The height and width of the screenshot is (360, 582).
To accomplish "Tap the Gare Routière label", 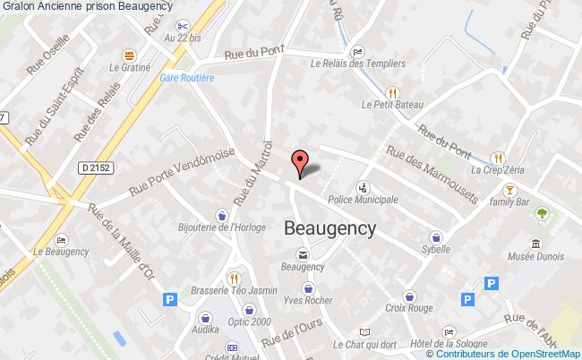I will [187, 78].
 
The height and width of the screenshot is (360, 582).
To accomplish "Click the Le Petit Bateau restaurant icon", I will [391, 90].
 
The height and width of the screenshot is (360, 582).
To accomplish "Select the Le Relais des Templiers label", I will [357, 64].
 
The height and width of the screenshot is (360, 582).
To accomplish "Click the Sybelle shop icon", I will [436, 238].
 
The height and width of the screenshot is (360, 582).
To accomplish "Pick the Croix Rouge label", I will [409, 309].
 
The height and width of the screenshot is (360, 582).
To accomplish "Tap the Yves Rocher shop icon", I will [309, 288].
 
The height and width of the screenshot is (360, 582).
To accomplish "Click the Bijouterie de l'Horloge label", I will [221, 227].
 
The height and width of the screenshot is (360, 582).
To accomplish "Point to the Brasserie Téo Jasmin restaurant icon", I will [233, 278].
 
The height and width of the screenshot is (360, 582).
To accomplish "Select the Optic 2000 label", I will [225, 321].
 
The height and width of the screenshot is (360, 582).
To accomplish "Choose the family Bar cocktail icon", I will [509, 189].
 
